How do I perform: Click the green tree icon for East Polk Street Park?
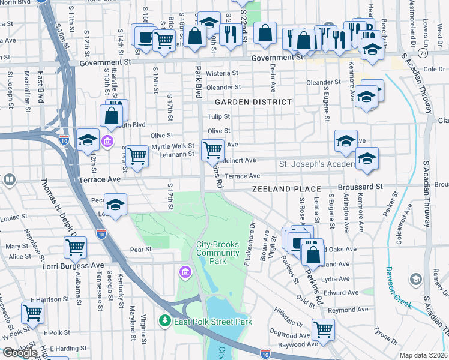pos(165,322)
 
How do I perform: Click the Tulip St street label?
pos(218,116)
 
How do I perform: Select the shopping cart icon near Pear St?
pos(75,246)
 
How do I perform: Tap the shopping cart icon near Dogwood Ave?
pos(323,329)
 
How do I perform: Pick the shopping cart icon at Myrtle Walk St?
pos(212,148)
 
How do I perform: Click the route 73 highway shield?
pos(423,54)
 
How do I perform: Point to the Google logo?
pos(20,352)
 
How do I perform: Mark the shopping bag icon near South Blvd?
pos(112,115)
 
